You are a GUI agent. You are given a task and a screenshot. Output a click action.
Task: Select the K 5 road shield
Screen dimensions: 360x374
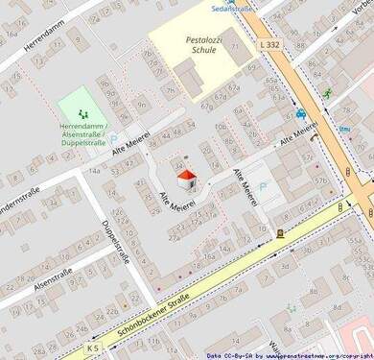pos(92,347)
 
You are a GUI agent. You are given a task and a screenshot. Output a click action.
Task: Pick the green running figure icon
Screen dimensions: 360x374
pos(328,93)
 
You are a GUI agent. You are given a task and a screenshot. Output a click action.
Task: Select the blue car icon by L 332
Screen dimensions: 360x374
pos(300,112)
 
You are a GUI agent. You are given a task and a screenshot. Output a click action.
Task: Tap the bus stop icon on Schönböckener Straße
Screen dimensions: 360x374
pos(280,232)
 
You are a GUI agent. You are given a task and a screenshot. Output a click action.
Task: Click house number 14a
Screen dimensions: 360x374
pos(94,169)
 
